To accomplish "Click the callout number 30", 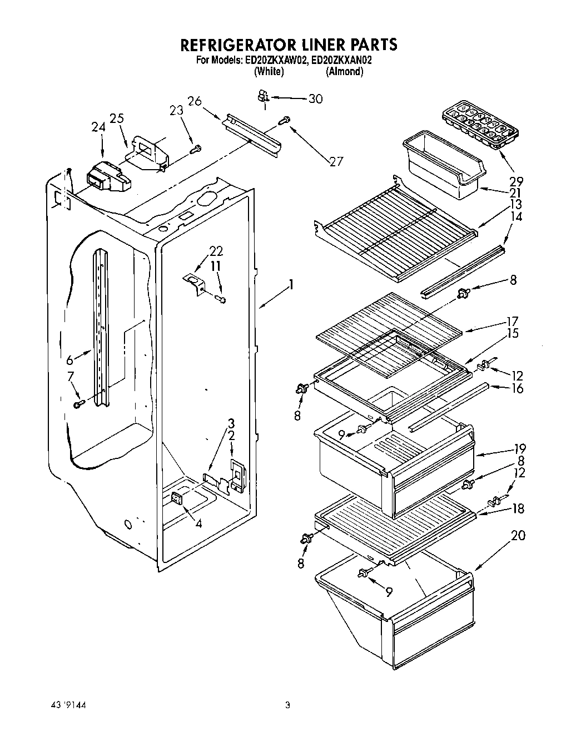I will click(315, 98).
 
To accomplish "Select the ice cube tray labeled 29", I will click(479, 127).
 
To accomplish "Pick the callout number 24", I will click(98, 127).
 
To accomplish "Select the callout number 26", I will click(194, 101).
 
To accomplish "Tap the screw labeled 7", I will click(78, 403).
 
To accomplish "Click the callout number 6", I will click(70, 360).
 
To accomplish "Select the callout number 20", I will click(517, 535).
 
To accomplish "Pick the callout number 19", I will click(519, 448).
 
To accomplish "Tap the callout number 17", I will click(512, 321).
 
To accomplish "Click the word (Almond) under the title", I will click(344, 71).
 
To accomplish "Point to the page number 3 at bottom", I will click(287, 705).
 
